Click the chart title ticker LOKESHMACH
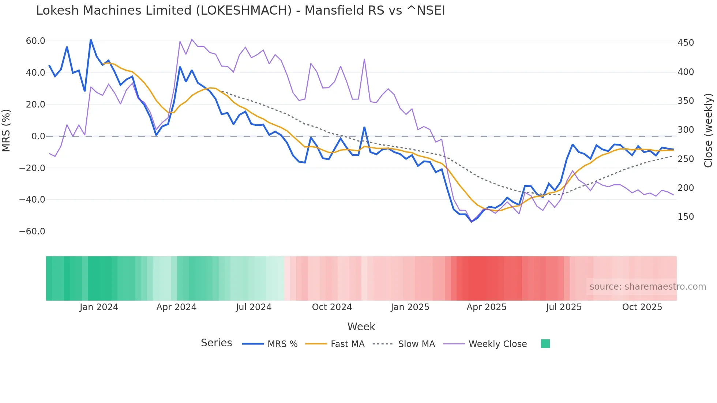[244, 11]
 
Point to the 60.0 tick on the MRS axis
[35, 41]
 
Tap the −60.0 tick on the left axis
[32, 231]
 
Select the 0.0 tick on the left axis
[38, 136]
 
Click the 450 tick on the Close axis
[686, 43]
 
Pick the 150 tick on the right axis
[686, 217]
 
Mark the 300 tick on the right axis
[686, 130]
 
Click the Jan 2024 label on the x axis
[99, 307]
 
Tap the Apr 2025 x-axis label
[486, 307]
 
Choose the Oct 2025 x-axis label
[642, 307]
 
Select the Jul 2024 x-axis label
[254, 307]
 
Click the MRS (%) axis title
[6, 131]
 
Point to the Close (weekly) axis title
[709, 131]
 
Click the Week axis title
[361, 327]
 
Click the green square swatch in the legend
[545, 344]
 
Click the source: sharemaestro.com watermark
[647, 287]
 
